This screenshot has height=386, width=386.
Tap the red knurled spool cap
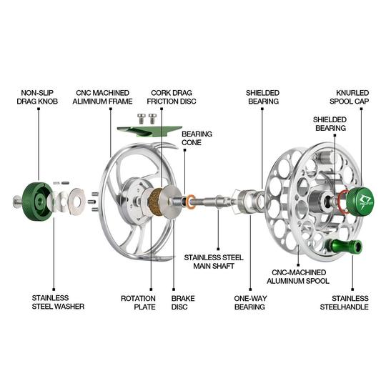click(355, 199)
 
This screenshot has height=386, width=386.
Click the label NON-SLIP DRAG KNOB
click(35, 97)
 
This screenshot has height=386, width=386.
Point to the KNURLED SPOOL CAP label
click(352, 97)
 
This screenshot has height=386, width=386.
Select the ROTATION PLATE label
click(139, 302)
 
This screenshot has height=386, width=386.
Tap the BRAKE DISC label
click(183, 302)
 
